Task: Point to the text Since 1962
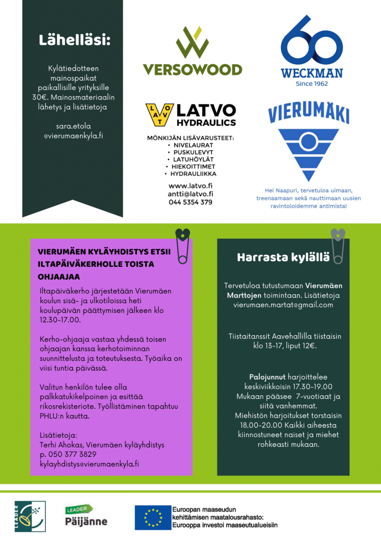coord(312,83)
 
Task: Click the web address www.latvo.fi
coord(190,186)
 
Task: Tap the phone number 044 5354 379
coord(190,202)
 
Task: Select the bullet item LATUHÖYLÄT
coord(190,159)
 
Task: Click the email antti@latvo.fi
coord(190,194)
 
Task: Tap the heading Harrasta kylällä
coord(283,257)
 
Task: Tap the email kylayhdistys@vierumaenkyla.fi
coord(89,463)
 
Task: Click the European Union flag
coord(152,517)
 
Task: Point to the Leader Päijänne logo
coord(85,516)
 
